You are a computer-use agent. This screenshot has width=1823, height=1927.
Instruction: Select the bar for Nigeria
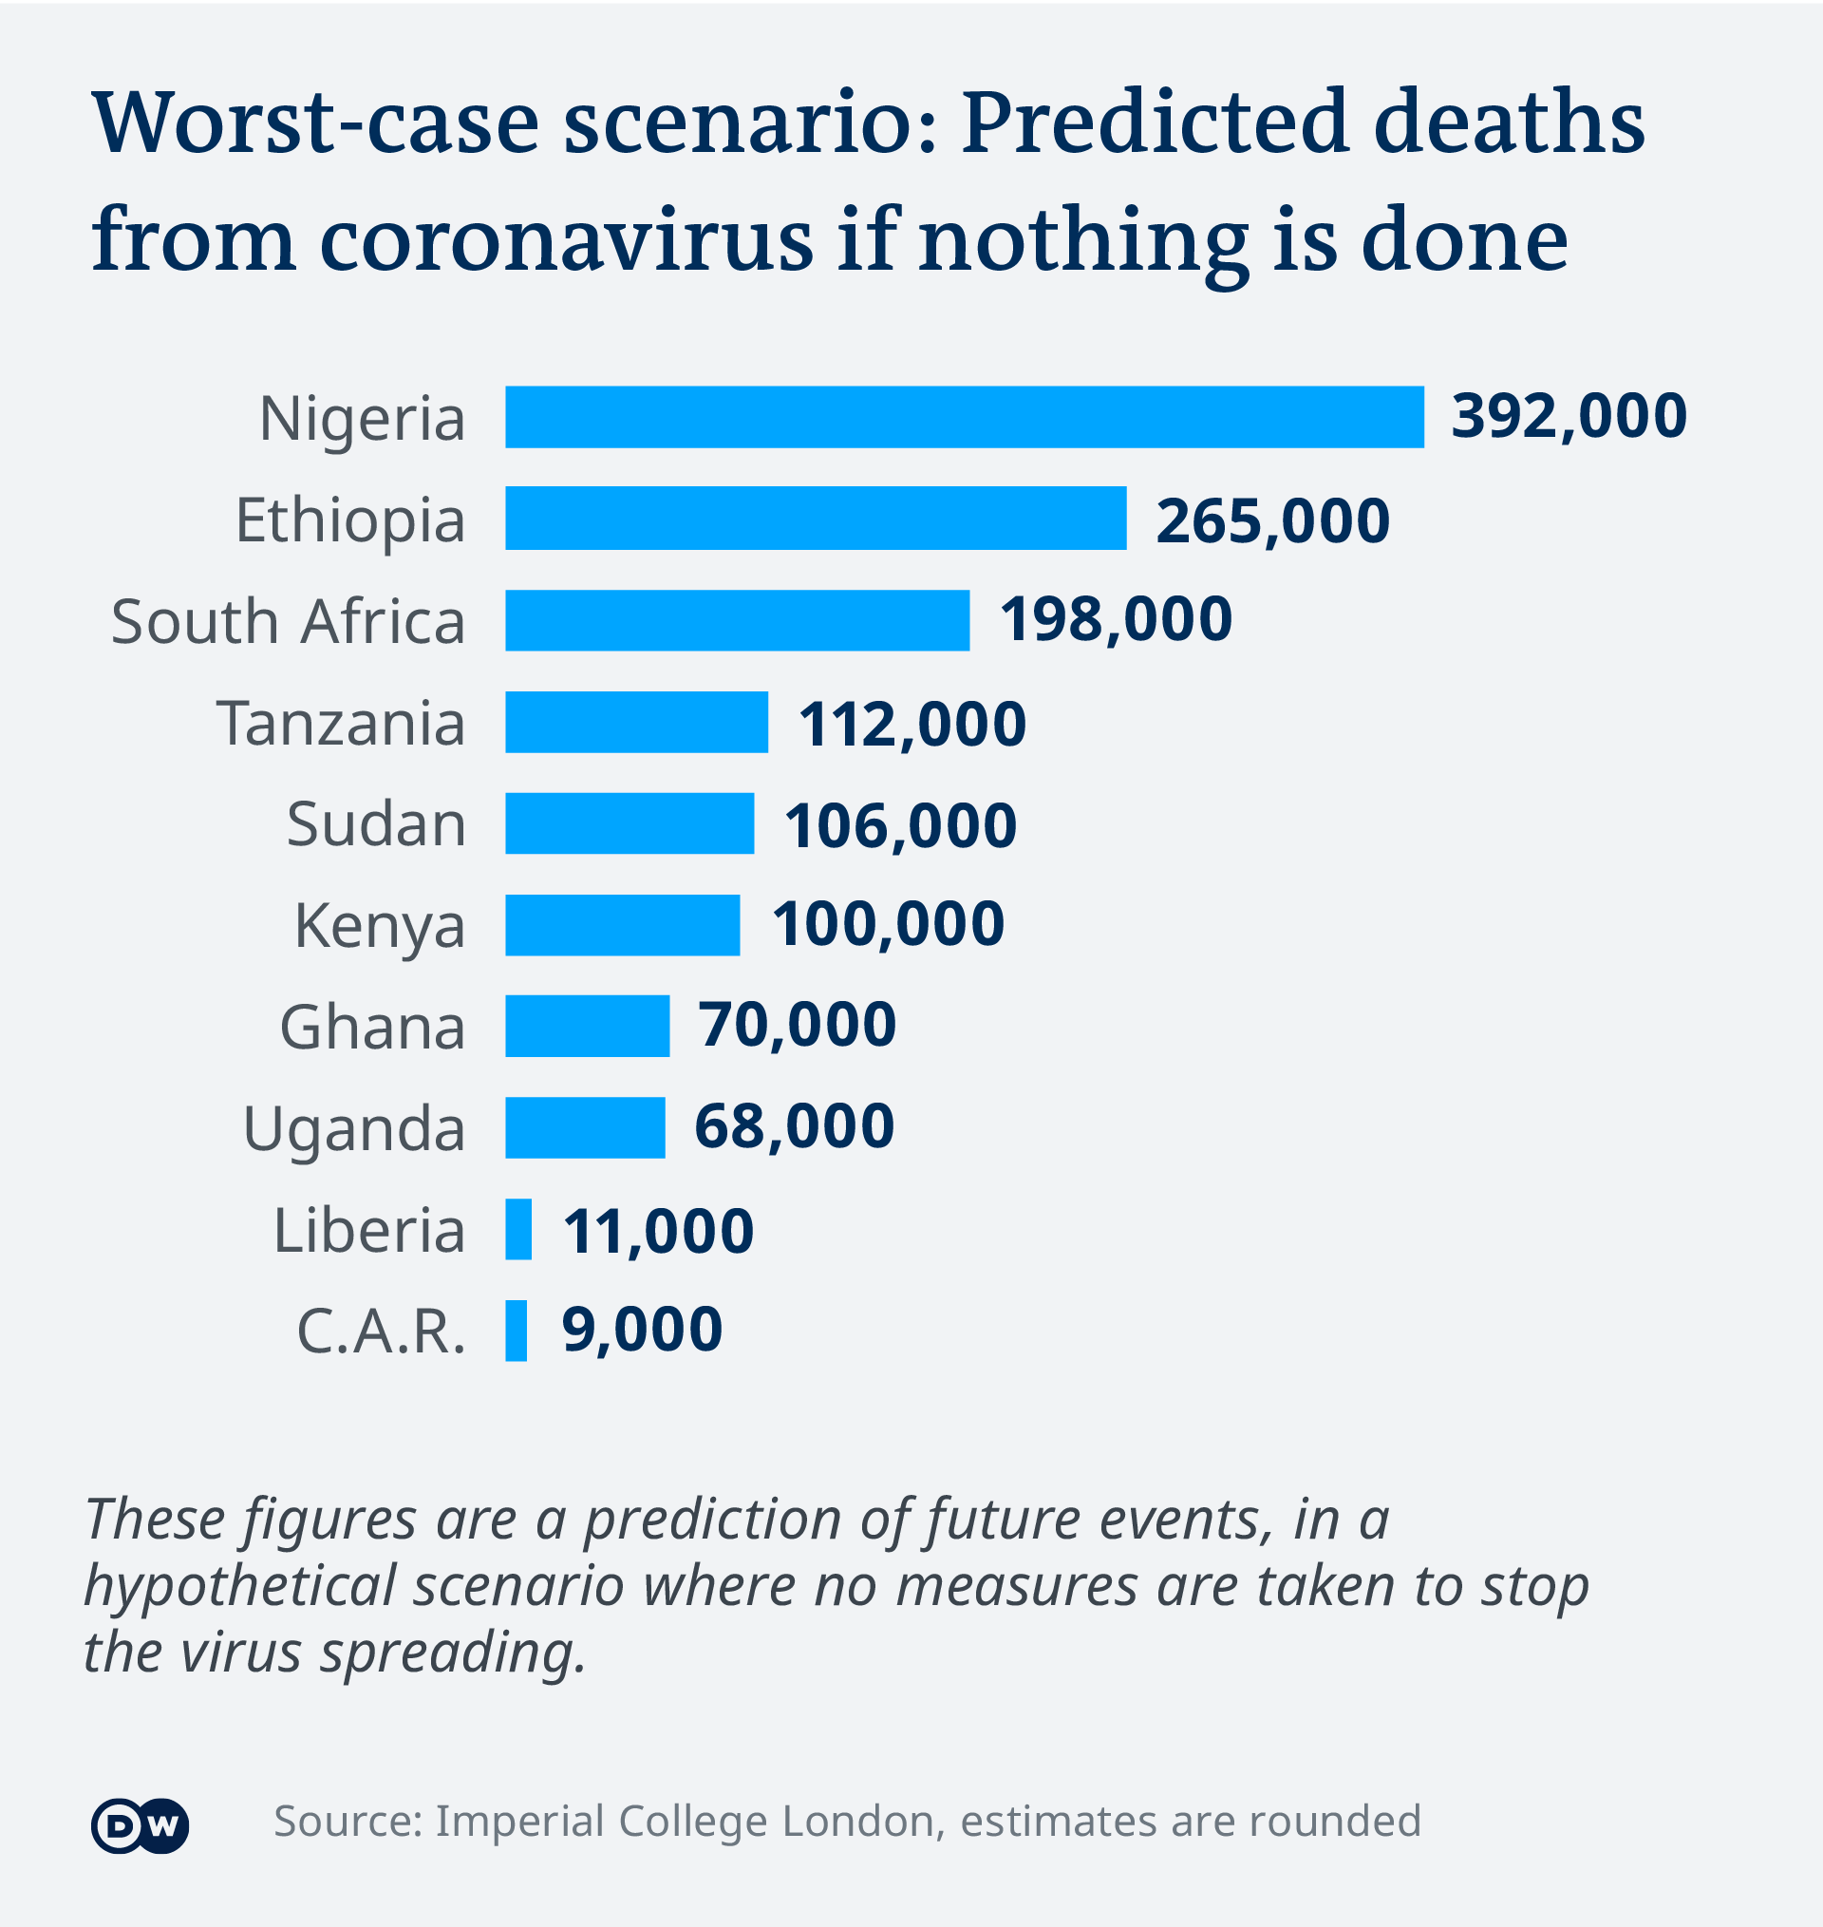pos(964,417)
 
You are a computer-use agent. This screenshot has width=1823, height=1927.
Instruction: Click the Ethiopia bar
pos(816,518)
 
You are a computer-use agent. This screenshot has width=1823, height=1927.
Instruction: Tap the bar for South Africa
pos(737,620)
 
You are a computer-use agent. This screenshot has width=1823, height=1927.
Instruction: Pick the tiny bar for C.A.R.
pos(516,1331)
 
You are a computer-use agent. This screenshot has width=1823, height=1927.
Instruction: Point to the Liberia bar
pos(518,1229)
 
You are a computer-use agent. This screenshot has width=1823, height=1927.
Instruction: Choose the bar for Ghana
pos(587,1025)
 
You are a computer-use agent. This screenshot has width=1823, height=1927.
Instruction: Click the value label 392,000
pos(1569,416)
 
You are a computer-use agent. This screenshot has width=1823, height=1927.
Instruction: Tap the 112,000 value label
pos(911,724)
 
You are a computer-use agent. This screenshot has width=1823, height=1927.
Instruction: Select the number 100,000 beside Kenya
pos(888,923)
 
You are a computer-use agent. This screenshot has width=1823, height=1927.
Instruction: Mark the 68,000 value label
pos(794,1126)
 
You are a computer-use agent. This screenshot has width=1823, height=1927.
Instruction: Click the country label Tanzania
pos(341,723)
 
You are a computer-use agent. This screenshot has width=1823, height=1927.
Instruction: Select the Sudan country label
pos(376,824)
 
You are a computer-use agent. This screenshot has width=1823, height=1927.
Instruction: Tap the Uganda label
pos(354,1129)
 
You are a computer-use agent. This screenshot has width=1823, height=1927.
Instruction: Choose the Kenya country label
pos(379,926)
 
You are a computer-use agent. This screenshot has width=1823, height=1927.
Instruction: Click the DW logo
pos(140,1826)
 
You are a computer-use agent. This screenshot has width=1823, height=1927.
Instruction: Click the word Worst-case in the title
pos(316,123)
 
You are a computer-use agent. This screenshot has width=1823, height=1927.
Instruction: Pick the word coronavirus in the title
pos(566,240)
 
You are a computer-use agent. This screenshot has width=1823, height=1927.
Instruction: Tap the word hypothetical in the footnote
pos(240,1587)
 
